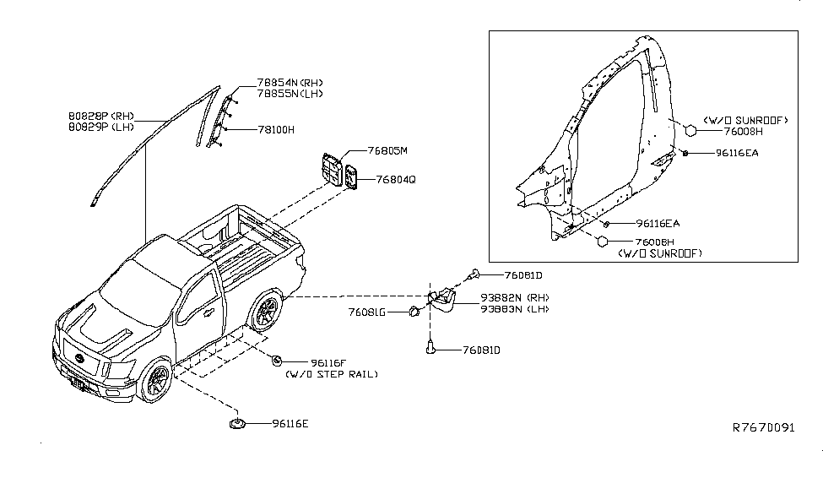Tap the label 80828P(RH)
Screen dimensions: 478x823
click(100, 116)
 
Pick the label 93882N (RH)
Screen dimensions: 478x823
click(515, 298)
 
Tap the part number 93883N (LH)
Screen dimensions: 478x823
click(515, 309)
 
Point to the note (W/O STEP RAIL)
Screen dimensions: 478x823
click(331, 373)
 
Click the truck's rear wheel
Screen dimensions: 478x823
click(266, 312)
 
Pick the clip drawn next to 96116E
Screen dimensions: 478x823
click(236, 422)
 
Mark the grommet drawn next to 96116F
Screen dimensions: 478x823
click(276, 361)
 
